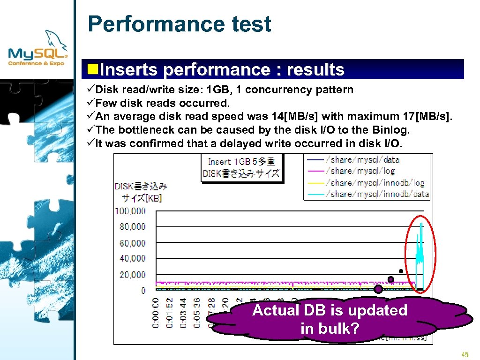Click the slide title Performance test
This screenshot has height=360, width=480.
point(179,24)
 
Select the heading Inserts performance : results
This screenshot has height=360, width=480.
point(222,70)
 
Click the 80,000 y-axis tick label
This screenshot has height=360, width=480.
point(133,227)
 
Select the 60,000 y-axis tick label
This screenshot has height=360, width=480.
point(133,243)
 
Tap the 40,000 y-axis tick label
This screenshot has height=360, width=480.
point(133,258)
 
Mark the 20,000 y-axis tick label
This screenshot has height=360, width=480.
point(133,275)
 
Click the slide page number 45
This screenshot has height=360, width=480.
point(465,354)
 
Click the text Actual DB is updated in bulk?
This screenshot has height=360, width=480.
point(330,319)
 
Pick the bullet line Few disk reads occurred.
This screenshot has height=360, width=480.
point(162,103)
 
